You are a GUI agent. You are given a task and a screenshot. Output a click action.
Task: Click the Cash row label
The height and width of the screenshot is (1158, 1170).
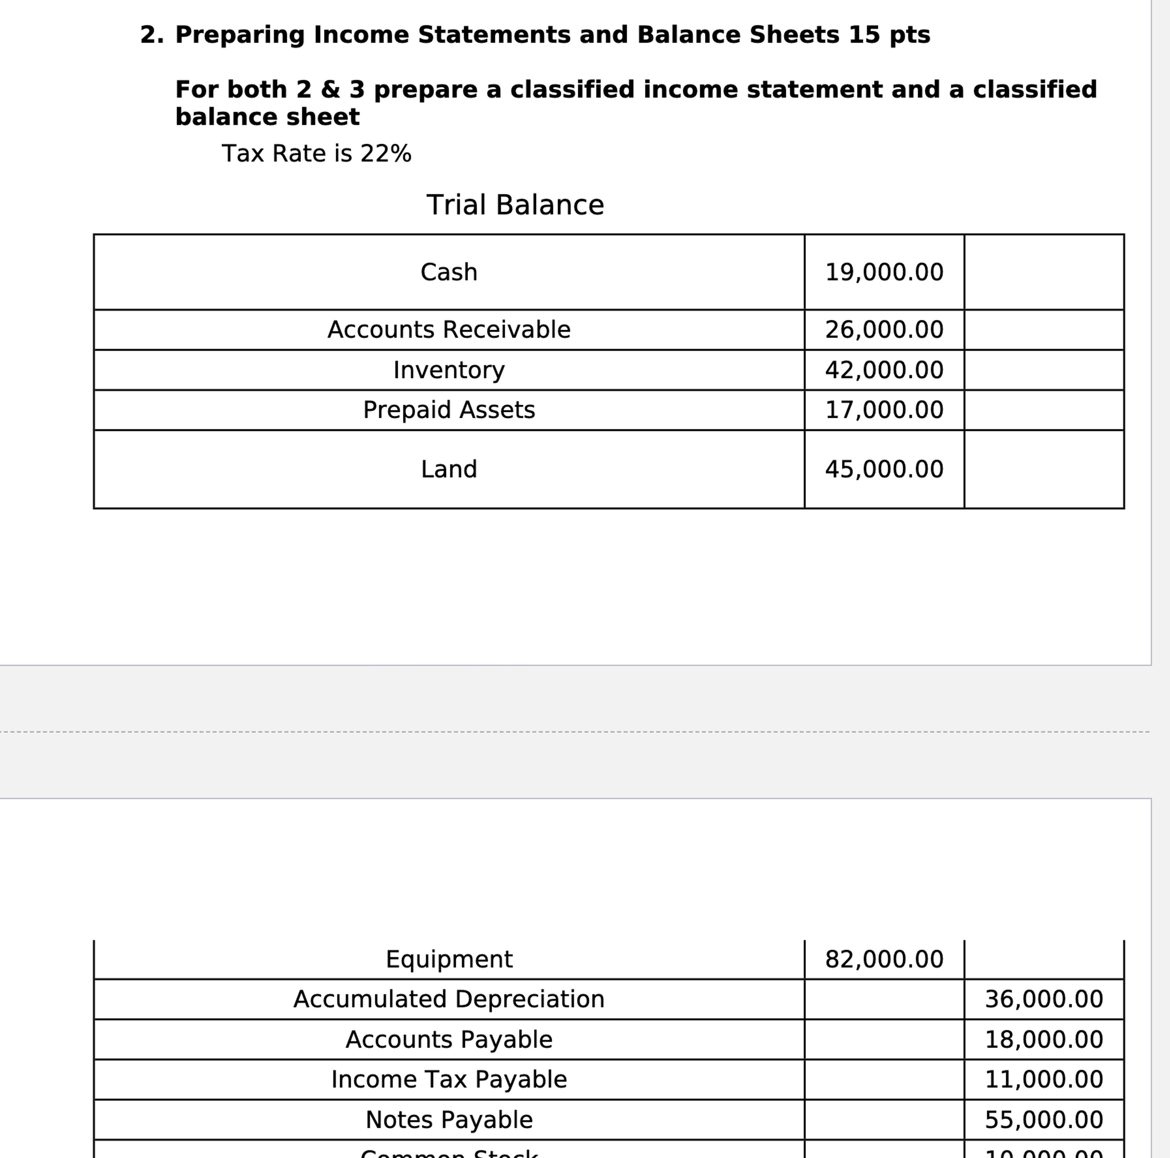click(449, 272)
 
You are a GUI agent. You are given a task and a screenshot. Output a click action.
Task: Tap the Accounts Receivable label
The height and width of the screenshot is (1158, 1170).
click(449, 330)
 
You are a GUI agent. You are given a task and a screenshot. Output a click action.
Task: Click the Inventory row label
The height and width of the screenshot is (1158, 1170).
click(449, 369)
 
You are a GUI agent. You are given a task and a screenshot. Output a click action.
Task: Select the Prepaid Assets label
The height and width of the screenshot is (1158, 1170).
click(449, 409)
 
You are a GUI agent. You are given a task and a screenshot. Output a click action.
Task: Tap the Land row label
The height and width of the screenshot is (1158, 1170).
click(449, 469)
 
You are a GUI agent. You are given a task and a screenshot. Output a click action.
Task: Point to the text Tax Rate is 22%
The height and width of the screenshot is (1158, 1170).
click(316, 153)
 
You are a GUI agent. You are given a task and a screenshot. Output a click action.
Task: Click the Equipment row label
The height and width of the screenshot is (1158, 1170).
click(449, 959)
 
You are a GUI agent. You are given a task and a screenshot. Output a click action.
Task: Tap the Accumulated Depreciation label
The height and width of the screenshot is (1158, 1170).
click(449, 999)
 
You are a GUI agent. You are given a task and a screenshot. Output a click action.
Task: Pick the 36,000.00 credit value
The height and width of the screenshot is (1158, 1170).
click(1043, 999)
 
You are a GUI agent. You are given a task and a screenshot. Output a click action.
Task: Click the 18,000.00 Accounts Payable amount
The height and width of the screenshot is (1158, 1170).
click(1043, 1039)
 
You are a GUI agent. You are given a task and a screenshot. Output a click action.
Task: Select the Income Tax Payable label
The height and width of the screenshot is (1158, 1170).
click(449, 1079)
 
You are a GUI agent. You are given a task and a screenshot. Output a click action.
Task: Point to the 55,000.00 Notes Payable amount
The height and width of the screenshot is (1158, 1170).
click(1043, 1119)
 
